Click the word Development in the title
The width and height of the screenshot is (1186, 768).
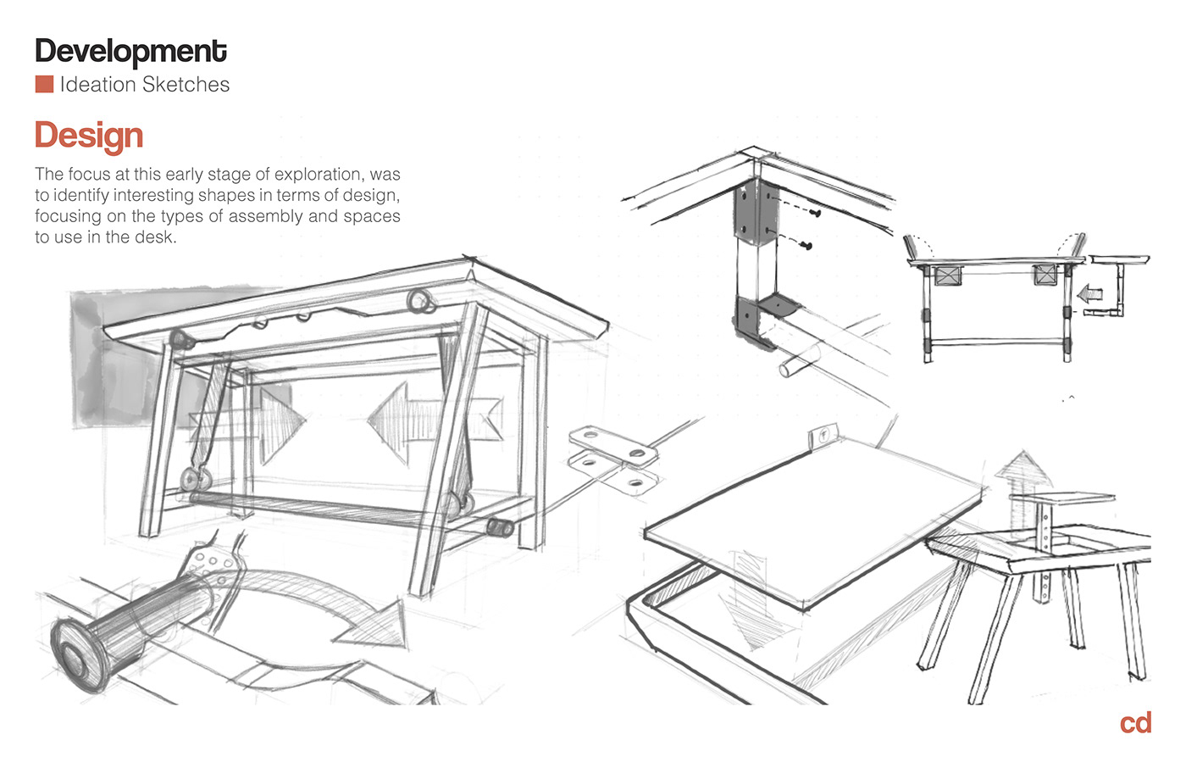coord(130,52)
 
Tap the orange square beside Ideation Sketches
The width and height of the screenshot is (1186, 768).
coord(44,84)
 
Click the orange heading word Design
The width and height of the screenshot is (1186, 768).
coord(89,136)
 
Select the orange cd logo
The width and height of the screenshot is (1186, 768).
coord(1135,723)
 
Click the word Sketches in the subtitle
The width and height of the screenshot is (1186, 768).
coord(186,85)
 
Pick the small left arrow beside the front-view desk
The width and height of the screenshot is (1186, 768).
coord(1089,295)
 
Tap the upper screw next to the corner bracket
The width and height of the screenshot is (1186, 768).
coord(816,214)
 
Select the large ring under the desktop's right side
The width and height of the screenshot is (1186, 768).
coord(420,301)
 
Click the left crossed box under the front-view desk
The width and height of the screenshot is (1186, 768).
coord(947,276)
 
